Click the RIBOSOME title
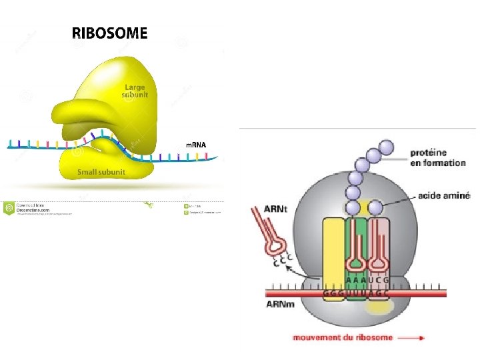click(x=110, y=33)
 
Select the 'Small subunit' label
click(x=97, y=172)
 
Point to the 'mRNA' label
click(x=196, y=145)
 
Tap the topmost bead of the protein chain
click(x=386, y=146)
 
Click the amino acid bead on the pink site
click(x=376, y=207)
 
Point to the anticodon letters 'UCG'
click(x=377, y=281)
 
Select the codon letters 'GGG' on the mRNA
click(x=331, y=293)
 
